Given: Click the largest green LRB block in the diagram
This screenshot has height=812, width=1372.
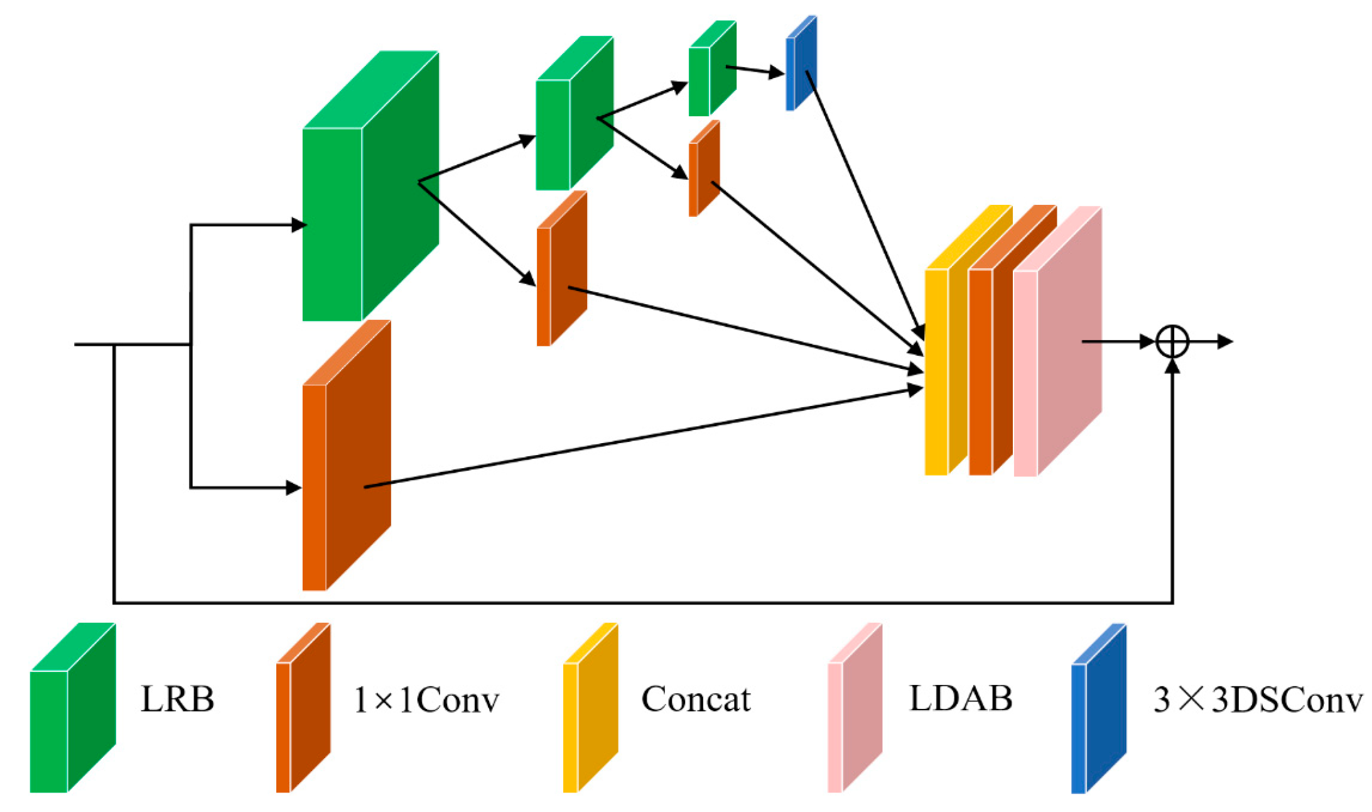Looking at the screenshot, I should point(370,189).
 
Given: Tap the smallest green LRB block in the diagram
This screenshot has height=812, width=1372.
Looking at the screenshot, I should point(711,69).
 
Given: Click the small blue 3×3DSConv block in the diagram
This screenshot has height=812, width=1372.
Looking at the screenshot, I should point(801,63).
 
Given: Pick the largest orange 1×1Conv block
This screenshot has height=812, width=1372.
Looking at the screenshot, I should point(345,456).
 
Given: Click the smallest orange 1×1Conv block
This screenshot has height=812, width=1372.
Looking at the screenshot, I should point(703,168).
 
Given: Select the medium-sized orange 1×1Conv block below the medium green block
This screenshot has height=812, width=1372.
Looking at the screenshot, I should point(561,269).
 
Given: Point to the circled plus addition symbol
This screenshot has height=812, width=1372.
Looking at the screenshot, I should point(1172,341).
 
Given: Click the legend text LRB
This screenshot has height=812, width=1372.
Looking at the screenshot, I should point(177,699).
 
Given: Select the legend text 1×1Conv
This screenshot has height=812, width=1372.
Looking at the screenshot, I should point(426,700).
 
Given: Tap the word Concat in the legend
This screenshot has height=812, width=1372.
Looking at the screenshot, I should point(695,699).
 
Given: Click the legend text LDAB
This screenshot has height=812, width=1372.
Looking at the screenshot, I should point(960,698).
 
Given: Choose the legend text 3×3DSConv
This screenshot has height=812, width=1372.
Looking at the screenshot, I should point(1257,700).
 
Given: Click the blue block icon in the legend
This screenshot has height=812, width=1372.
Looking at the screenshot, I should point(1098,708).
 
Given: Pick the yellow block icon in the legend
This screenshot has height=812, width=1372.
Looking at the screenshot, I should point(590,708).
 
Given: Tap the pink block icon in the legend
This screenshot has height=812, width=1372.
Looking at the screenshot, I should point(855,708).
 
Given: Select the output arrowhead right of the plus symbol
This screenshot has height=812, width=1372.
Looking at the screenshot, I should point(1226,341).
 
